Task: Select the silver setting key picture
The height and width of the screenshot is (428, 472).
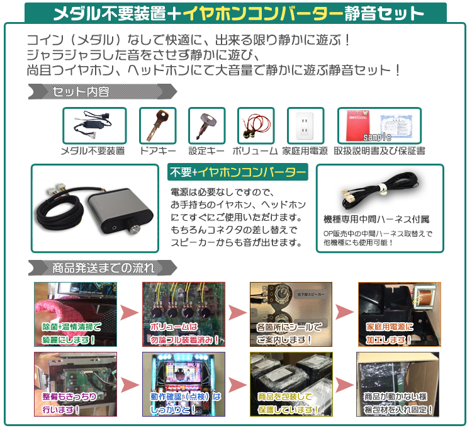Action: (x=206, y=125)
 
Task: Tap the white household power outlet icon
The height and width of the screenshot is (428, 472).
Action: (x=305, y=125)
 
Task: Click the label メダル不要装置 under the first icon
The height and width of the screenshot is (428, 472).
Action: (x=93, y=151)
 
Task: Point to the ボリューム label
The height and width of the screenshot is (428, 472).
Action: (x=255, y=151)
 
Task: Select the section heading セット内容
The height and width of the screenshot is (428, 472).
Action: (x=81, y=92)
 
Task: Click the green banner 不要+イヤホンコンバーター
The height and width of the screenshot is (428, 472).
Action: (x=237, y=172)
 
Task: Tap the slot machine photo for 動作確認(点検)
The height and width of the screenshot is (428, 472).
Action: (x=183, y=384)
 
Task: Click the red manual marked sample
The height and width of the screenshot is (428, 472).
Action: (x=359, y=125)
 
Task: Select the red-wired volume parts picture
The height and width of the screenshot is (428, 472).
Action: (x=256, y=125)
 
